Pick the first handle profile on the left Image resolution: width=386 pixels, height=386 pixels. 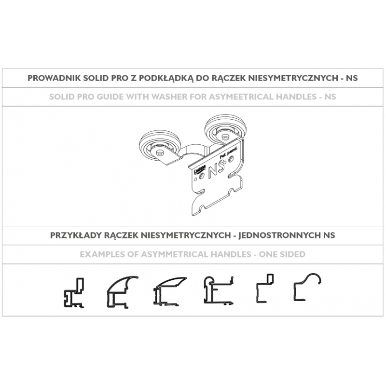click(74, 293)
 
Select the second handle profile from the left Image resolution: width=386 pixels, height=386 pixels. click(121, 292)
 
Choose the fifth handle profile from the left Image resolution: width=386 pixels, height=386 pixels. click(264, 289)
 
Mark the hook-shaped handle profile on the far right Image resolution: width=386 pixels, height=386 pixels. click(307, 288)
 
